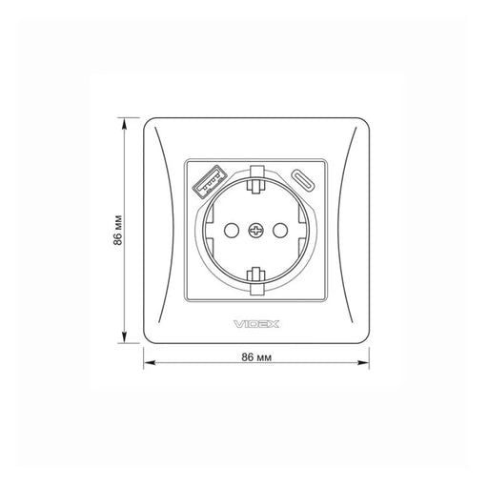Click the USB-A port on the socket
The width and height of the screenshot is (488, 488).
pyautogui.click(x=210, y=181)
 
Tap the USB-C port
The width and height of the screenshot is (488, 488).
pyautogui.click(x=304, y=180)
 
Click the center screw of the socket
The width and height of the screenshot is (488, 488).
pyautogui.click(x=255, y=230)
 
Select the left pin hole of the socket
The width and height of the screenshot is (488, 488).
pyautogui.click(x=232, y=230)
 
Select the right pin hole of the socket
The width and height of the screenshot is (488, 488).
pyautogui.click(x=280, y=230)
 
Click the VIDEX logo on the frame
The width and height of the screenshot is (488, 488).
pyautogui.click(x=256, y=324)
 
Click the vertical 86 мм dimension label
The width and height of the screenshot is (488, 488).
pyautogui.click(x=117, y=231)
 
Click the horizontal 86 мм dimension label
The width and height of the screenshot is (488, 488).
pyautogui.click(x=256, y=357)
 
